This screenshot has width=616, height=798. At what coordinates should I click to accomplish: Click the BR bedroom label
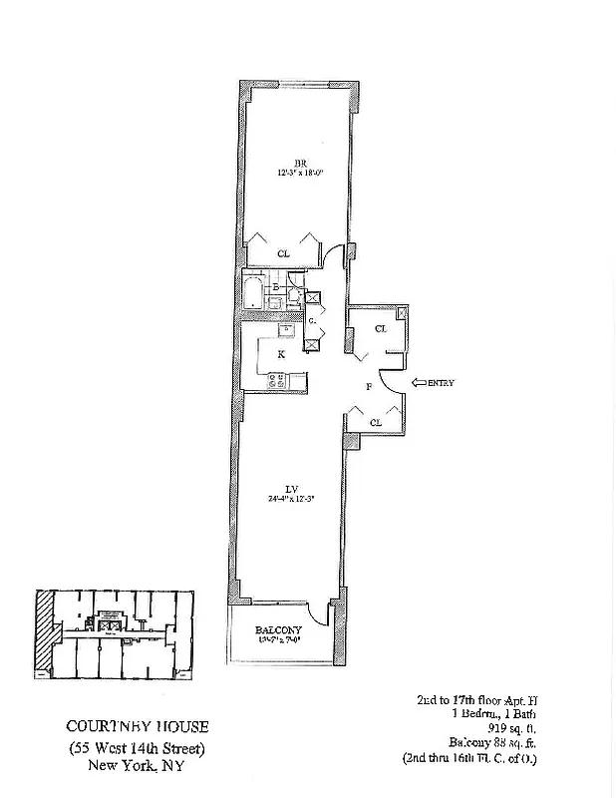coord(298,163)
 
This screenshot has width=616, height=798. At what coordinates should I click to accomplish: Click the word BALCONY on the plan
coord(272,630)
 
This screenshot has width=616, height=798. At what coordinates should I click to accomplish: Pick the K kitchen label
coord(282,354)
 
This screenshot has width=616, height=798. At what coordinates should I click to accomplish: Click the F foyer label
coord(368,385)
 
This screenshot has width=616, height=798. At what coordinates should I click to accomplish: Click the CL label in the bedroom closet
coord(284,253)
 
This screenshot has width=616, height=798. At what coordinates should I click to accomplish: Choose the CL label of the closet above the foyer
coord(380,328)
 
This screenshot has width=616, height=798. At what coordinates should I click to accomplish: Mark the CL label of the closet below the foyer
coord(375,422)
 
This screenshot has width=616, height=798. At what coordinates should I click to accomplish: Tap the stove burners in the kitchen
coord(276,379)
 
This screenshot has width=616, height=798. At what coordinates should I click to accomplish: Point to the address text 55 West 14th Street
coord(139,747)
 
